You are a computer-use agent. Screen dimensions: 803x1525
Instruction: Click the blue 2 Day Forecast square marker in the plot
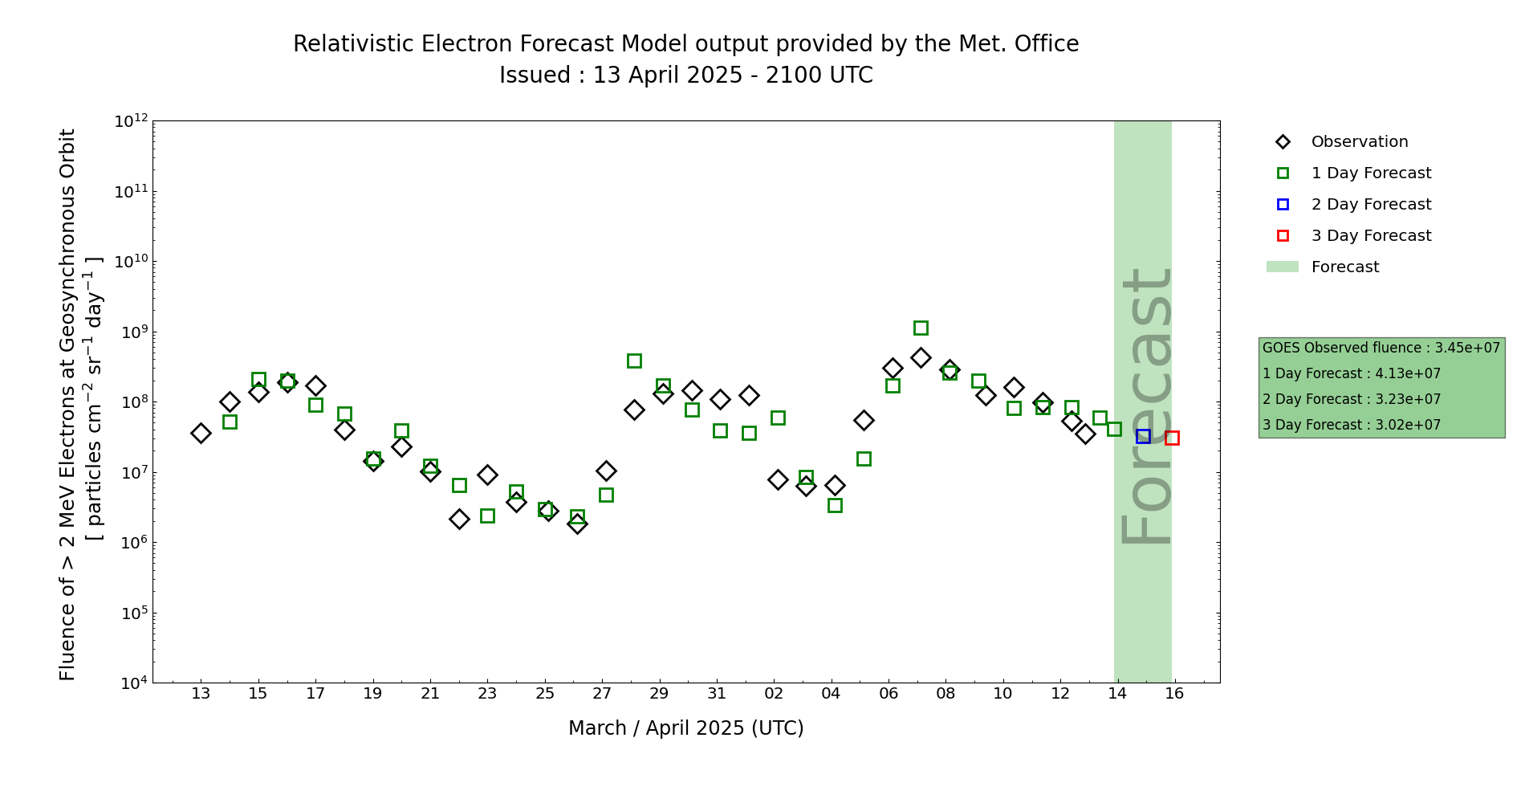tap(1143, 436)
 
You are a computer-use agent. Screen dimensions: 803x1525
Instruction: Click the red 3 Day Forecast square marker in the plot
tap(1172, 438)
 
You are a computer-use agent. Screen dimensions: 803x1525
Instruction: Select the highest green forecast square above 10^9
tap(921, 328)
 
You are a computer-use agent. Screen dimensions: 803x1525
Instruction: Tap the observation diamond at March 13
tap(201, 433)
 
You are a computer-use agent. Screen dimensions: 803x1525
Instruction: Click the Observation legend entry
tap(1359, 142)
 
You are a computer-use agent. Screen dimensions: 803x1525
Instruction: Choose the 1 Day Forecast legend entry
tap(1371, 173)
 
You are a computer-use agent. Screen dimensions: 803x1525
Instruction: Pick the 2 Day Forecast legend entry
tap(1371, 205)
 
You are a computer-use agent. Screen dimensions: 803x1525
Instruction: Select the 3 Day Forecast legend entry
tap(1371, 236)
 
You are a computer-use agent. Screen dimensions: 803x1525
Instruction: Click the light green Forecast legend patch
tap(1283, 267)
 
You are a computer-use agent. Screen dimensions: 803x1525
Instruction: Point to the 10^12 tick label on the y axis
tap(131, 121)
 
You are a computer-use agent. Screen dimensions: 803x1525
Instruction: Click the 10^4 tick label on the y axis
tap(131, 683)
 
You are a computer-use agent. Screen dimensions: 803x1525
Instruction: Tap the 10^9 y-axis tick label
tap(131, 332)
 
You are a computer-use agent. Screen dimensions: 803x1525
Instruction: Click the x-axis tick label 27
tap(602, 694)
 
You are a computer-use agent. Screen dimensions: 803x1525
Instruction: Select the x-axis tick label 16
tap(1174, 694)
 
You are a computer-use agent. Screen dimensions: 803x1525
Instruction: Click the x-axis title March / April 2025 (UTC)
tap(685, 728)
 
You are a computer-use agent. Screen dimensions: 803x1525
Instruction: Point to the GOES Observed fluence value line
tap(1381, 348)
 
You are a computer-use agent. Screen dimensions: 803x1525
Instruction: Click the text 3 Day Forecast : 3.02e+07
tap(1352, 425)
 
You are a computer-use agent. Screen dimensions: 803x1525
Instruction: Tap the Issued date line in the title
tap(685, 75)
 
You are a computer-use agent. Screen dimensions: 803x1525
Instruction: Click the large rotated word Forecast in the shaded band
tap(1145, 407)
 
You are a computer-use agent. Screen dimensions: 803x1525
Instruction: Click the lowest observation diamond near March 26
tap(577, 524)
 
